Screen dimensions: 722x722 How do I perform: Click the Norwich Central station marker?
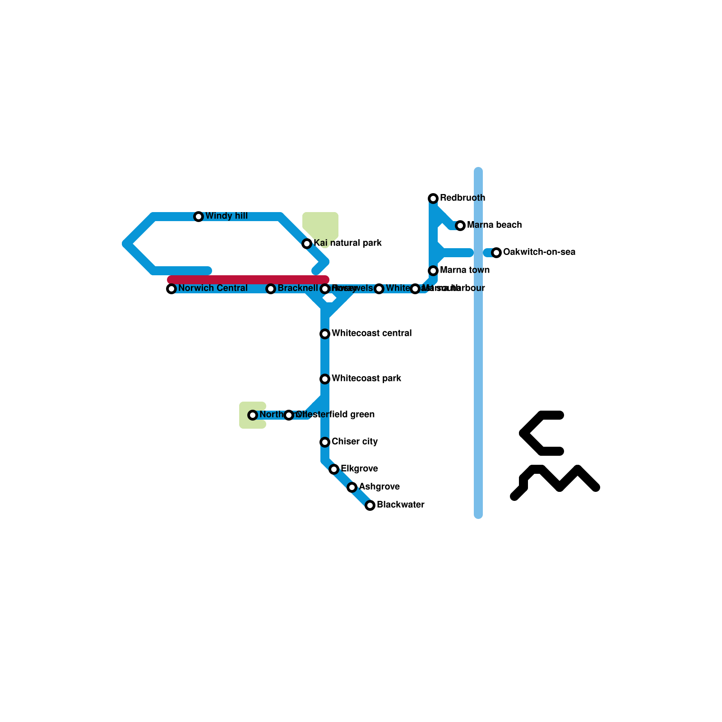171,289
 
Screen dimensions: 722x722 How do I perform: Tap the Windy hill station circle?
199,217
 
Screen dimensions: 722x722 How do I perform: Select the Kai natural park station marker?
307,244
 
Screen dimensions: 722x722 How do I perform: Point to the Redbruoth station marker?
433,199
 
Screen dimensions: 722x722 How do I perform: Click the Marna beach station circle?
460,226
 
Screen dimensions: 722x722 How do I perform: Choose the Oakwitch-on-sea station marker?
496,253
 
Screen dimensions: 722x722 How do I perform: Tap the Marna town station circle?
433,271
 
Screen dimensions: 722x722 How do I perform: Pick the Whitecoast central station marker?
325,334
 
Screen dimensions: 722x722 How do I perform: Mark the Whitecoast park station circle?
325,379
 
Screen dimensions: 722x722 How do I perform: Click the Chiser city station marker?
325,442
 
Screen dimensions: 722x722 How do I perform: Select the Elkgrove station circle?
334,469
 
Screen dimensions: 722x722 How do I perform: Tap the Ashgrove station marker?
352,487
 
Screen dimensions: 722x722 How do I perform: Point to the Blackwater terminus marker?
370,505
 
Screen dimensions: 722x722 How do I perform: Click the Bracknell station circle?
271,289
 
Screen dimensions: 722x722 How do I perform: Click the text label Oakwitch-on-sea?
539,252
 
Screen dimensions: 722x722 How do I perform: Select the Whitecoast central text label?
371,333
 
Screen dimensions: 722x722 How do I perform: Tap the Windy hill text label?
227,216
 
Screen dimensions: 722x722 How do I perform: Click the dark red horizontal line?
248,280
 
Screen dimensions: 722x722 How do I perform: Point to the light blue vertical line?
478,361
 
